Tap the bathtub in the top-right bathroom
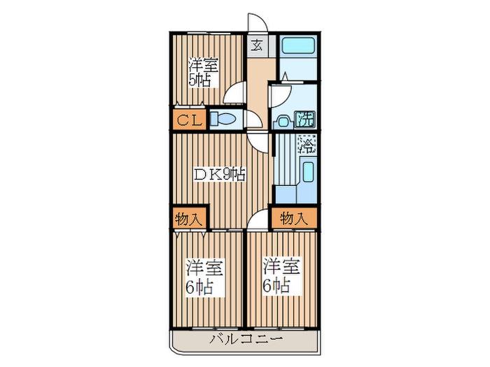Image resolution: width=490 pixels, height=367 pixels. [298, 46]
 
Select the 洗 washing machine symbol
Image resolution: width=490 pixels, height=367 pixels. [304, 120]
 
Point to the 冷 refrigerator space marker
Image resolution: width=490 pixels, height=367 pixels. [307, 145]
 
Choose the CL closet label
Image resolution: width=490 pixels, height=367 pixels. [188, 120]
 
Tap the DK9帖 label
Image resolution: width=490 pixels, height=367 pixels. [218, 175]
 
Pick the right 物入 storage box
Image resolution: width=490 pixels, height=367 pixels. [294, 217]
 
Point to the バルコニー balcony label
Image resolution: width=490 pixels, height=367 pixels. [246, 338]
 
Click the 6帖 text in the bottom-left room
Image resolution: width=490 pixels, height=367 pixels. [199, 287]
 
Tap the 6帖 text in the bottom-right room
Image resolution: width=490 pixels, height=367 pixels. [276, 285]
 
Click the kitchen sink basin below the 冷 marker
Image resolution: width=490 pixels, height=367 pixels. [309, 171]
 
